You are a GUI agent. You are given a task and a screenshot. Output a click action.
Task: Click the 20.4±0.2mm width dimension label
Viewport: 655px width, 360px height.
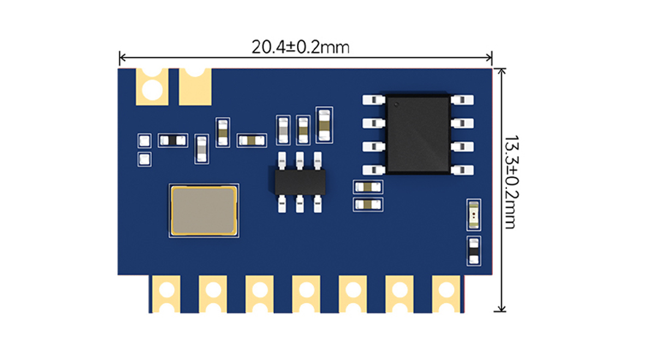pyautogui.click(x=300, y=47)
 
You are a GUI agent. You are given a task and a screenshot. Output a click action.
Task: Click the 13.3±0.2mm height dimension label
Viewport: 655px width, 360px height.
pyautogui.click(x=510, y=183)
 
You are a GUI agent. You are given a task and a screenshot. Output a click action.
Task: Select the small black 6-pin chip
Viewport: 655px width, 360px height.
pyautogui.click(x=300, y=182)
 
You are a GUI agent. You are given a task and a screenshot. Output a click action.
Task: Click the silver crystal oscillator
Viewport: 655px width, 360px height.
pyautogui.click(x=203, y=212)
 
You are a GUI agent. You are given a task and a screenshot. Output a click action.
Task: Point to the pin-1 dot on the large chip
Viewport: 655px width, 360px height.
pyautogui.click(x=397, y=103)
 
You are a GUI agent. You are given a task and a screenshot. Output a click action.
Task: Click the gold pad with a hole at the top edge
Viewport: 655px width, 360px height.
pyautogui.click(x=152, y=86)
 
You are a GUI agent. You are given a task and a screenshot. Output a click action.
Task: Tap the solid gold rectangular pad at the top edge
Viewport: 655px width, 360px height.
pyautogui.click(x=195, y=86)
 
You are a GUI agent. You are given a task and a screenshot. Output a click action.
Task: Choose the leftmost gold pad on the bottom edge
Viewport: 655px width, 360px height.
pyautogui.click(x=165, y=293)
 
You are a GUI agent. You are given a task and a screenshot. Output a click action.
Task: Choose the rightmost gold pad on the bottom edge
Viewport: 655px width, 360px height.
pyautogui.click(x=446, y=293)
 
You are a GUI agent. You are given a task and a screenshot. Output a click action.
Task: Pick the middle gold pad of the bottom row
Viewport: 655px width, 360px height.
pyautogui.click(x=306, y=293)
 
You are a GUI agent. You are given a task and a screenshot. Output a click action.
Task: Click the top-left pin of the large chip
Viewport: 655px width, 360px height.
pyautogui.click(x=374, y=100)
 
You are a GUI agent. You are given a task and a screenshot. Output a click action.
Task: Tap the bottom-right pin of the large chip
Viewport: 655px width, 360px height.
pyautogui.click(x=463, y=171)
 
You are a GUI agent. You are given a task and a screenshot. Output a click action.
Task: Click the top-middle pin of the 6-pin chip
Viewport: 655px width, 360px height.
pyautogui.click(x=300, y=160)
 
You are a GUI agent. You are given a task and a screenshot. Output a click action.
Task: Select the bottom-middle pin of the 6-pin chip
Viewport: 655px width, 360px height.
pyautogui.click(x=300, y=205)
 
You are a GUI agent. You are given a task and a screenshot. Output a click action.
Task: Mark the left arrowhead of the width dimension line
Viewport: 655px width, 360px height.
pyautogui.click(x=121, y=57)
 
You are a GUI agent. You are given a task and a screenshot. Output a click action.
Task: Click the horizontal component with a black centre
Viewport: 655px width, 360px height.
pyautogui.click(x=172, y=141)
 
